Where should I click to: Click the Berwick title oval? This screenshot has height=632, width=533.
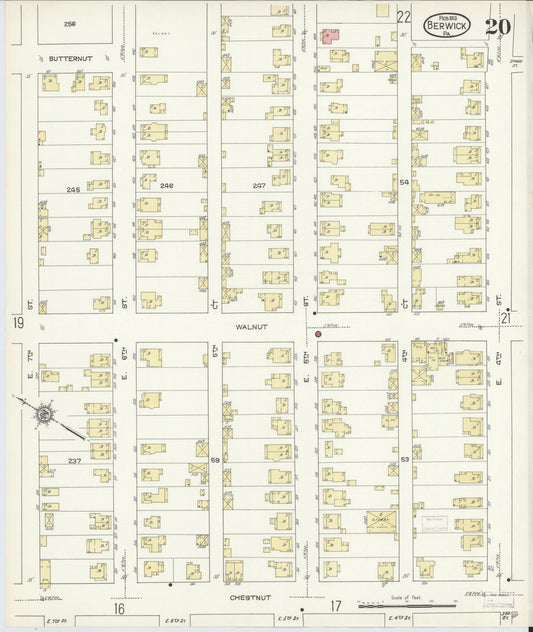[447, 23]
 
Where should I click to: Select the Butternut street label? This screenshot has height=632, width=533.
[70, 59]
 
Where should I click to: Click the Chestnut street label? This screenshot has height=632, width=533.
[251, 596]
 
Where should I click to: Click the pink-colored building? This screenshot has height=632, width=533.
[329, 35]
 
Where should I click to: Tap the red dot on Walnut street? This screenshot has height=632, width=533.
[318, 334]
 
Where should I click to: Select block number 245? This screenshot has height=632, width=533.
[73, 189]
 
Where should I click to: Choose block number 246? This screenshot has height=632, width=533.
[166, 186]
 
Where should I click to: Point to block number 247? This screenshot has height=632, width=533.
[259, 186]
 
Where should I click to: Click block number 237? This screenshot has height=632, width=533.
[74, 460]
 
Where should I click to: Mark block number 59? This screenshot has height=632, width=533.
[215, 459]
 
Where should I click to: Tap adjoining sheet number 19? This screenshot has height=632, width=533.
[18, 322]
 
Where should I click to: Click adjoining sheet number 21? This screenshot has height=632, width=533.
[505, 317]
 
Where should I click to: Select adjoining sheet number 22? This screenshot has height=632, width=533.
[403, 17]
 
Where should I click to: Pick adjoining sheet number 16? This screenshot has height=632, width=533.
[118, 607]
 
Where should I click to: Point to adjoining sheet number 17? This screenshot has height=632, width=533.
[337, 605]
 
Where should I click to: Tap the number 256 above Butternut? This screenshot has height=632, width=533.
[70, 23]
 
